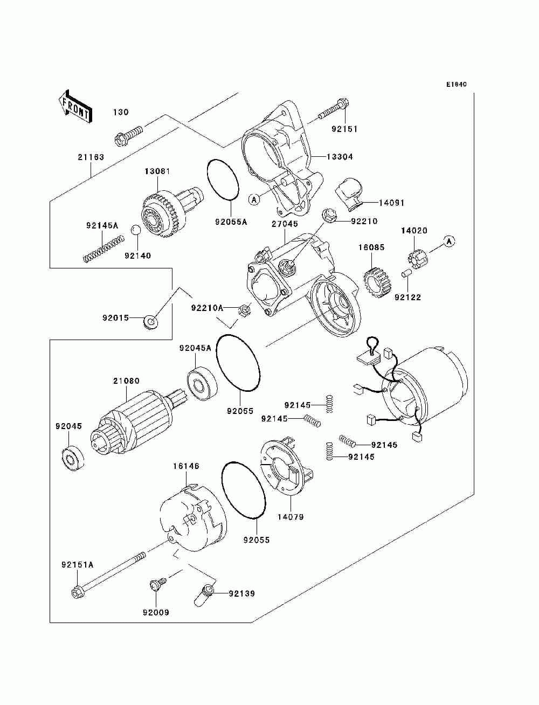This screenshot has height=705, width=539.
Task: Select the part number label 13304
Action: click(340, 157)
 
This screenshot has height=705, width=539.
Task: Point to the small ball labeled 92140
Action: click(136, 231)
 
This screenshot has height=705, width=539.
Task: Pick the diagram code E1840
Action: click(456, 85)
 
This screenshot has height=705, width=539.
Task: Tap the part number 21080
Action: click(126, 381)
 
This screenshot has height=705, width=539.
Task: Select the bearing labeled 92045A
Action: click(202, 383)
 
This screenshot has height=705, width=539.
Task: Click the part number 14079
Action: click(291, 517)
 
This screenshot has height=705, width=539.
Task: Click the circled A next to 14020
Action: click(448, 241)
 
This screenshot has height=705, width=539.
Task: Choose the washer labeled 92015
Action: click(151, 322)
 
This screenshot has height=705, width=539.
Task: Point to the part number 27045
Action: click(285, 224)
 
